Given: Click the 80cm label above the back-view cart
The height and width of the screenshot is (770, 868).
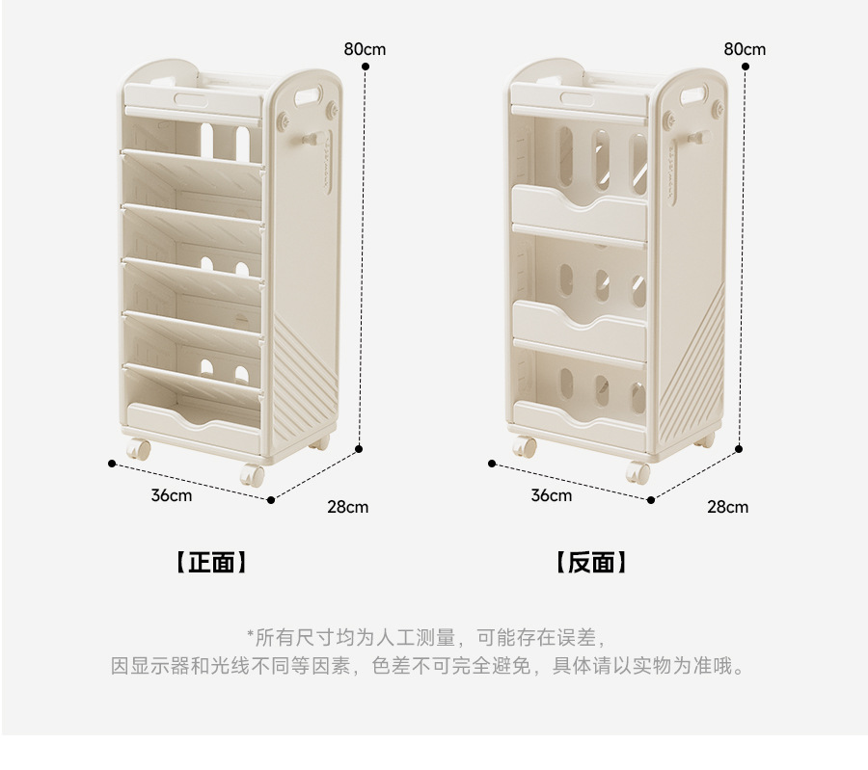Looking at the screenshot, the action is (745, 48).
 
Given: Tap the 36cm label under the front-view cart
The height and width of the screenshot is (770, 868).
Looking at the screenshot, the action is (172, 495).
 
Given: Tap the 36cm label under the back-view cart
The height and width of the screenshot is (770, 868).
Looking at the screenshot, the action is (552, 495).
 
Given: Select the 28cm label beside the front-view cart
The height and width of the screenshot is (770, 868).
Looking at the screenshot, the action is (348, 507).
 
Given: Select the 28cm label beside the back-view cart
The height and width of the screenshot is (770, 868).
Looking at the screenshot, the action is (728, 507).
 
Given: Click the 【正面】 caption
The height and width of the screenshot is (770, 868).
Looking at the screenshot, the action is (211, 563).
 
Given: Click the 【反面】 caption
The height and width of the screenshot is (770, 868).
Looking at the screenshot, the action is (591, 563).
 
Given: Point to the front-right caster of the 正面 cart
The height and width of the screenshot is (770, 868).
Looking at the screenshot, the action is (253, 475).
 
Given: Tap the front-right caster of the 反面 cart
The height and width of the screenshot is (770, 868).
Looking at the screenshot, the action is (638, 473).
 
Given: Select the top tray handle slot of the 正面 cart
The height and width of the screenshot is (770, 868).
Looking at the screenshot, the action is (196, 98).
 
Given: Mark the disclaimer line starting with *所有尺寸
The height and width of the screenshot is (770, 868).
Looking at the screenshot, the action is (426, 637).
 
